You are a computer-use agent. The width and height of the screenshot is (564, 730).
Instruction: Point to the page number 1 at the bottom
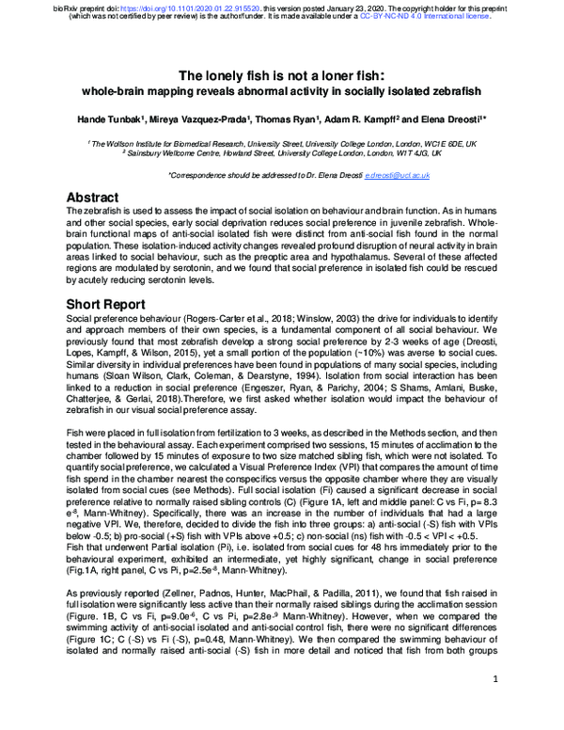[x=494, y=706]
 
